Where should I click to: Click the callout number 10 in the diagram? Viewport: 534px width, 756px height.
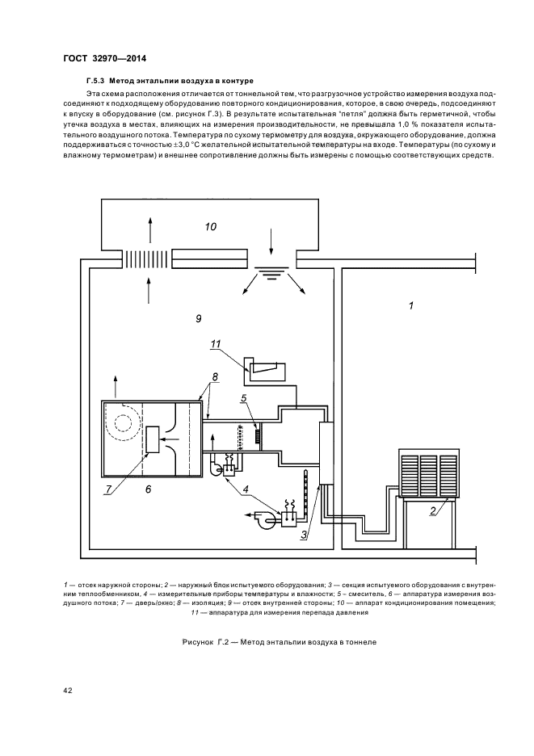(x=211, y=227)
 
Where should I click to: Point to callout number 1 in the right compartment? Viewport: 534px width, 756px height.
(x=410, y=307)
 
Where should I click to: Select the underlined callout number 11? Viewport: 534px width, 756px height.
(x=215, y=345)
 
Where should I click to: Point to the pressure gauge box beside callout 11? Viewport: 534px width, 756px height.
(x=266, y=372)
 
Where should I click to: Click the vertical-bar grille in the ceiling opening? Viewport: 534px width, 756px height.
(x=146, y=259)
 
